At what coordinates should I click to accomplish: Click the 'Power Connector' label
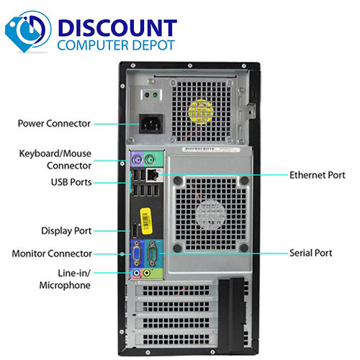coord(54,123)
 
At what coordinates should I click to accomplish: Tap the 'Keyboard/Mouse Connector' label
coord(54,158)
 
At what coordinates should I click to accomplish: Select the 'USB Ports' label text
coord(71,182)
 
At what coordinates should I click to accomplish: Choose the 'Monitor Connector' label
coord(52,253)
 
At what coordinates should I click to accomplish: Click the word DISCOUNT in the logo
coord(117,28)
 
